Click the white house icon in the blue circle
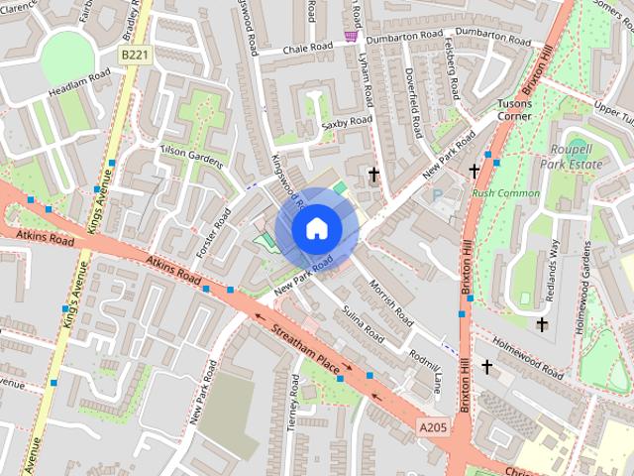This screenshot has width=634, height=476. pyautogui.click(x=315, y=228)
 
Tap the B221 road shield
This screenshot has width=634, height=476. pyautogui.click(x=135, y=57)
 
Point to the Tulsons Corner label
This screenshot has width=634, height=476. pyautogui.click(x=514, y=109)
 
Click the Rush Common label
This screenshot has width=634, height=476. pyautogui.click(x=506, y=192)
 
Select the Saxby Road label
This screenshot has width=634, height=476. pyautogui.click(x=347, y=122)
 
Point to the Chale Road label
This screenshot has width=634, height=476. pyautogui.click(x=307, y=47)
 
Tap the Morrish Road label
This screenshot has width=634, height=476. pyautogui.click(x=391, y=302)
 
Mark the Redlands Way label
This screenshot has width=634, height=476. pyautogui.click(x=554, y=261)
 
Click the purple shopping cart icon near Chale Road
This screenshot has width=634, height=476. pyautogui.click(x=350, y=36)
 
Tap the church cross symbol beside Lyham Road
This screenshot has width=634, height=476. pyautogui.click(x=373, y=176)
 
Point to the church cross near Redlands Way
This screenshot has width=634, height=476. pyautogui.click(x=542, y=324)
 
